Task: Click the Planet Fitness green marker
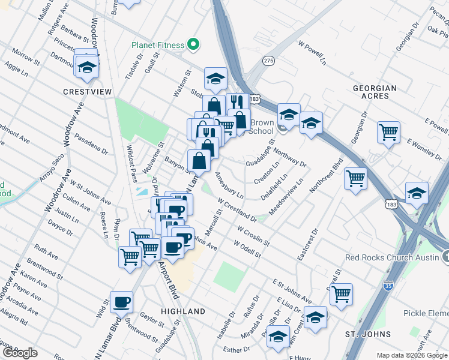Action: point(193,44)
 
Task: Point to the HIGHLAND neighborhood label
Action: point(183,311)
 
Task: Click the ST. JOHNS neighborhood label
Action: point(369,334)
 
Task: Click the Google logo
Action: point(20,353)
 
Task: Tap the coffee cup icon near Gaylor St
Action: point(121,302)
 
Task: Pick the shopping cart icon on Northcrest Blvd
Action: point(355,178)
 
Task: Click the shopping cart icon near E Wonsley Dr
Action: point(388,131)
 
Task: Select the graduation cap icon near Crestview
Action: point(87,67)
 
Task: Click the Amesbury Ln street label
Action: point(229,185)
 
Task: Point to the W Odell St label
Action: point(248,250)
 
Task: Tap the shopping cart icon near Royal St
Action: point(341,295)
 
